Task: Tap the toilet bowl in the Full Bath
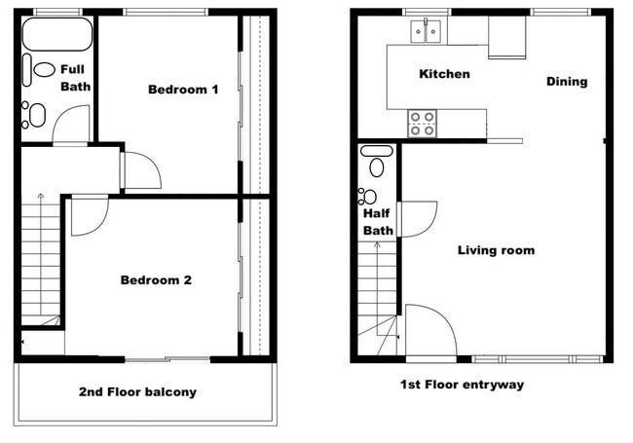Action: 44,70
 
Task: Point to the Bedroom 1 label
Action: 182,90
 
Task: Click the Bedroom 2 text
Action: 156,280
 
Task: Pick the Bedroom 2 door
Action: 89,214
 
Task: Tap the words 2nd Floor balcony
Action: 137,392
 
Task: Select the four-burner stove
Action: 422,124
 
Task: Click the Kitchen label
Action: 444,74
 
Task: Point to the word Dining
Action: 567,82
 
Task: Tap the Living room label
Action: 496,250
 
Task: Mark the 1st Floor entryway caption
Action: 462,385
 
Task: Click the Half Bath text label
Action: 378,222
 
